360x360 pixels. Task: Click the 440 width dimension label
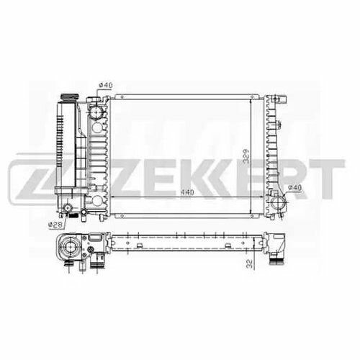coord(187,192)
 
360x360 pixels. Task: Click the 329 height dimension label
coord(246,156)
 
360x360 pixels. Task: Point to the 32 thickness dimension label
coord(250,264)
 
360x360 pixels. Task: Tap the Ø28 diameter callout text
coord(55,225)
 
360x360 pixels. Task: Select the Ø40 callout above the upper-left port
coord(106,85)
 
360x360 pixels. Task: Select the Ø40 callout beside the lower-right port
coord(294,188)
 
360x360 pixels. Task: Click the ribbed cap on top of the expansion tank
coord(70,97)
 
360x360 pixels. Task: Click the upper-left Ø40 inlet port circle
coord(96,112)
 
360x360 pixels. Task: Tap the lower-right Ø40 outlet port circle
coord(278,203)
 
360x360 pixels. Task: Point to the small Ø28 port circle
coord(68,208)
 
